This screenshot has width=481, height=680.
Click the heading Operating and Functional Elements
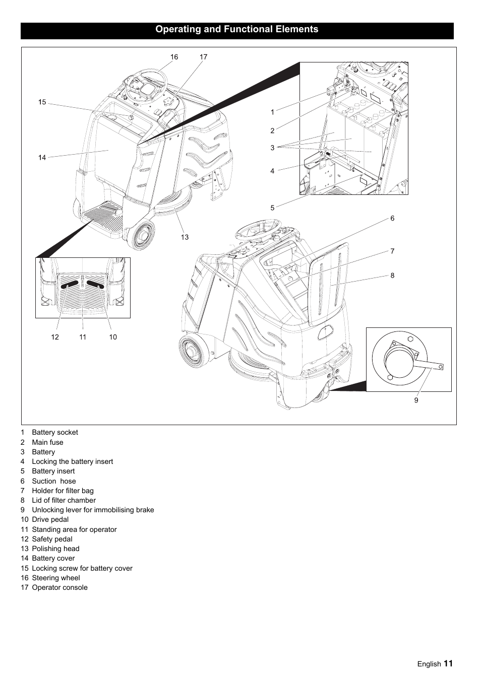[x=236, y=29]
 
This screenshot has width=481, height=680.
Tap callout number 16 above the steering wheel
[x=174, y=57]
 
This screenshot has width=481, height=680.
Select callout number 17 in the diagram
[x=203, y=57]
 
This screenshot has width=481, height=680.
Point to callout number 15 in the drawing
[x=42, y=102]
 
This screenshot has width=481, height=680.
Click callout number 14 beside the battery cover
[x=42, y=158]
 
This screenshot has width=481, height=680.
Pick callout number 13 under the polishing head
[x=185, y=237]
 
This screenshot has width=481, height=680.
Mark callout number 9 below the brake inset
[x=416, y=400]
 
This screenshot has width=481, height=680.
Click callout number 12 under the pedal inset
[x=55, y=337]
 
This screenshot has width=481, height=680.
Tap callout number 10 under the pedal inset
[x=113, y=337]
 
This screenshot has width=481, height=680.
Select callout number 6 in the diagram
[x=392, y=218]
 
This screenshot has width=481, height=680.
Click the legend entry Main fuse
[x=47, y=442]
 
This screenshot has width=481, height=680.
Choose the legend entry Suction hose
[x=53, y=481]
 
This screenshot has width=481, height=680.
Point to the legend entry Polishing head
[x=55, y=549]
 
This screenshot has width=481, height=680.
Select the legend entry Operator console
[x=59, y=587]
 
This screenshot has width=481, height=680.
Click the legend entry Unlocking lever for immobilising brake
[x=93, y=510]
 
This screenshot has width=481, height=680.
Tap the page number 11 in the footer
[x=448, y=663]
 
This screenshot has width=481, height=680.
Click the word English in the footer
[x=429, y=664]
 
